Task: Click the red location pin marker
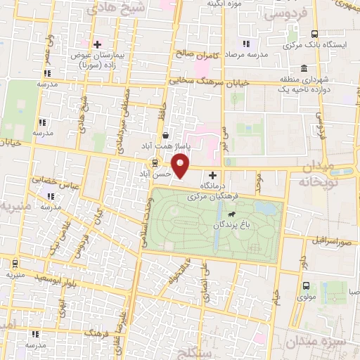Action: (x=181, y=165)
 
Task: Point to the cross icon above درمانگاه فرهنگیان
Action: (x=212, y=175)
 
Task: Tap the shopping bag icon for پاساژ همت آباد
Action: (x=165, y=136)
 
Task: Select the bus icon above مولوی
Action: (x=306, y=285)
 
